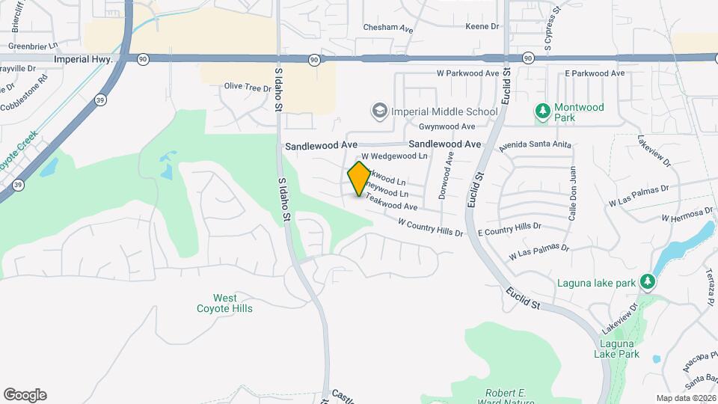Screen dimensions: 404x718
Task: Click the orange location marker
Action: click(x=360, y=179)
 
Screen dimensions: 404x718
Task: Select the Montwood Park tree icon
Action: click(x=543, y=111)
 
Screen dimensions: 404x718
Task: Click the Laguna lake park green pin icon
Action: click(x=648, y=283)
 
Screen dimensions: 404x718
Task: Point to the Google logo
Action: click(x=25, y=395)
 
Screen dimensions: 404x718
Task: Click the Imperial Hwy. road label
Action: click(x=83, y=58)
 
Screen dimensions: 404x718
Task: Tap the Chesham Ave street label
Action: click(x=388, y=28)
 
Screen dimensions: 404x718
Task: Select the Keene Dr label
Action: click(x=482, y=26)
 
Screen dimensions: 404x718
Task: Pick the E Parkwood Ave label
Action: click(x=595, y=73)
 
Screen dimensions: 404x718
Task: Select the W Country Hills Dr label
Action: click(x=431, y=227)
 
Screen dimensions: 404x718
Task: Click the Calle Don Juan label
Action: click(x=573, y=193)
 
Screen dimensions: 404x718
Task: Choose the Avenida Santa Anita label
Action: click(x=536, y=144)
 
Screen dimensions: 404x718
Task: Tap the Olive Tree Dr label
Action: click(x=248, y=88)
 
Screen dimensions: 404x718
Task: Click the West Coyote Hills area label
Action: click(x=224, y=303)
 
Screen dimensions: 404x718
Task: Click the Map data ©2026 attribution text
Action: click(x=685, y=398)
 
